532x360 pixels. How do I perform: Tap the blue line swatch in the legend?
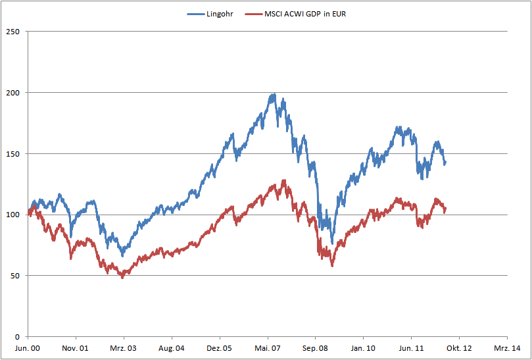click(x=196, y=14)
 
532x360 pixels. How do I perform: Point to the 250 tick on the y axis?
click(x=11, y=32)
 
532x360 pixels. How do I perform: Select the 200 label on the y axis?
click(x=11, y=93)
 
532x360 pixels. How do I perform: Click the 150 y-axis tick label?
click(x=11, y=154)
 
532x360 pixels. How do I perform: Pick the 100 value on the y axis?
click(x=11, y=215)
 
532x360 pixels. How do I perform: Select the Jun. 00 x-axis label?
click(x=28, y=348)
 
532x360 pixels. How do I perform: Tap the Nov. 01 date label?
click(x=76, y=348)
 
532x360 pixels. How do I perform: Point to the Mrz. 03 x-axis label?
click(x=124, y=348)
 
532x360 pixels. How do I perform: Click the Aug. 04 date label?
click(x=172, y=348)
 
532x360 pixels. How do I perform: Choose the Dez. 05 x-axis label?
click(x=220, y=348)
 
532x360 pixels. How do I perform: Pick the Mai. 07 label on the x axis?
click(x=268, y=348)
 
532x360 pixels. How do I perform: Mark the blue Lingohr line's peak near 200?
click(x=273, y=95)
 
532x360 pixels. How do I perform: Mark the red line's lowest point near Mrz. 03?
click(x=122, y=277)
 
